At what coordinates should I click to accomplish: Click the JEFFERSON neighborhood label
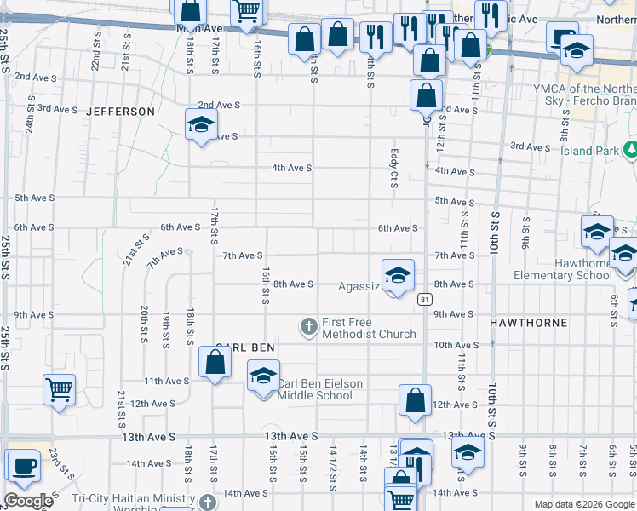(x=120, y=112)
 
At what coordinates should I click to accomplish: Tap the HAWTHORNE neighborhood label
(x=523, y=324)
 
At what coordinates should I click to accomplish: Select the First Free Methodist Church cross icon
(x=308, y=325)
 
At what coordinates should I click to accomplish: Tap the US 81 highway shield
(x=423, y=299)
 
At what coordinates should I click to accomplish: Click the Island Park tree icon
(x=630, y=150)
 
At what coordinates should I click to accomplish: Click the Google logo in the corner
(x=27, y=501)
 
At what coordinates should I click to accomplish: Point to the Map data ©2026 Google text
(x=584, y=504)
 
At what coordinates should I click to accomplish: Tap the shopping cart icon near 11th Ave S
(x=59, y=390)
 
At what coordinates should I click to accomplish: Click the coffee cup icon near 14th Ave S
(x=22, y=466)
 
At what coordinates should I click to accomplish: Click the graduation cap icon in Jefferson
(x=201, y=124)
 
